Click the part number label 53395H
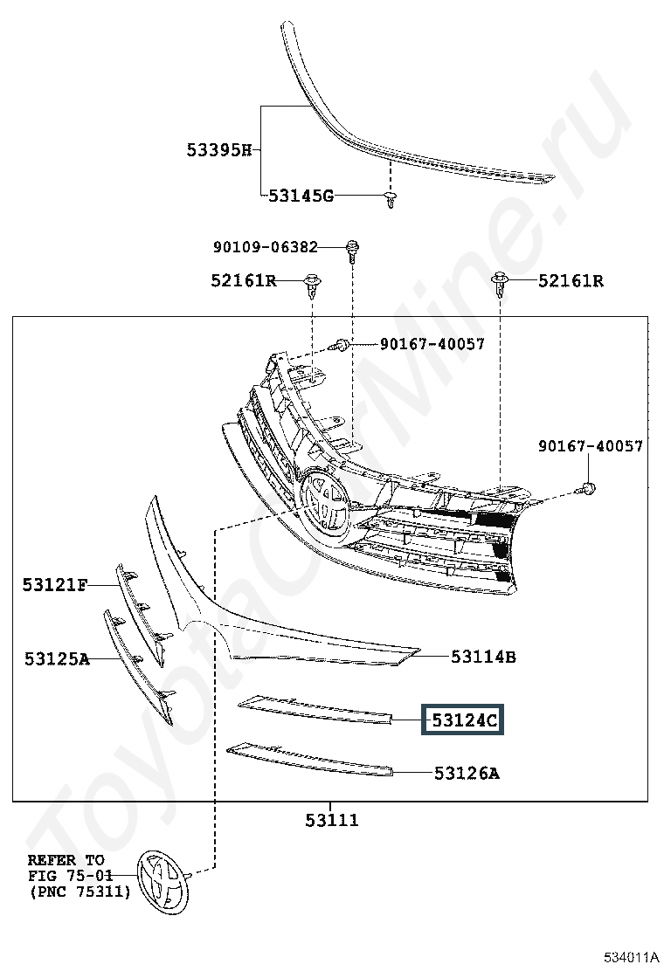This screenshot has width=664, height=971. point(219,150)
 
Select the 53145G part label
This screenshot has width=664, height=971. point(301,196)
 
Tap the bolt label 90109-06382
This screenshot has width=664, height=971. point(265,247)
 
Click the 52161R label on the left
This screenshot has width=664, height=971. point(244,280)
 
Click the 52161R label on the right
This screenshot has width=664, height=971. point(571,280)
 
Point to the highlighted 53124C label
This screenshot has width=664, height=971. point(463,720)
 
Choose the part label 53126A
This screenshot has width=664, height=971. point(467,773)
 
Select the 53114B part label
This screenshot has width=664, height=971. point(483,656)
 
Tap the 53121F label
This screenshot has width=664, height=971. point(55,584)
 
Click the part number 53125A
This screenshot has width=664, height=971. point(57,658)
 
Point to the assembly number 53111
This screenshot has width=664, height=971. point(332,820)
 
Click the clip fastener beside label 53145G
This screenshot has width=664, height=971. point(390,200)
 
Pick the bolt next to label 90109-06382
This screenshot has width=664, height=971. point(352,249)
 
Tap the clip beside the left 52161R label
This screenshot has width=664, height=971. point(312,285)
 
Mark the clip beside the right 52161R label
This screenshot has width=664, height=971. point(500,285)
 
